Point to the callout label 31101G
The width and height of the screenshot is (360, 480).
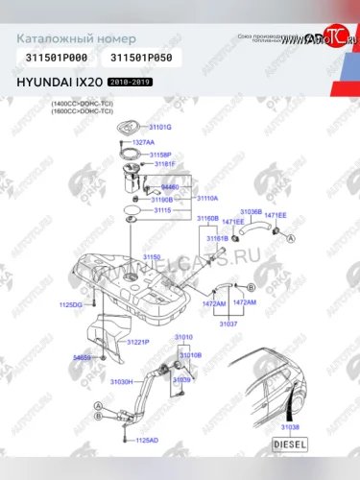[x=159, y=127]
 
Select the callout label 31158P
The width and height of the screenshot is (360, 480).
[x=159, y=154]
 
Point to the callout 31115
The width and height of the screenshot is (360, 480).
[x=163, y=209]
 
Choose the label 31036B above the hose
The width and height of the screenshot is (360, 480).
[x=251, y=210]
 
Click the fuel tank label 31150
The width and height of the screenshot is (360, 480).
[x=153, y=257]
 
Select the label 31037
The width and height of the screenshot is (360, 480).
[x=228, y=324]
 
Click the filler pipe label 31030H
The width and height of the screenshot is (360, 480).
[x=121, y=382]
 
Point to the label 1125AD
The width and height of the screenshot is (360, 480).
[x=146, y=440]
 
